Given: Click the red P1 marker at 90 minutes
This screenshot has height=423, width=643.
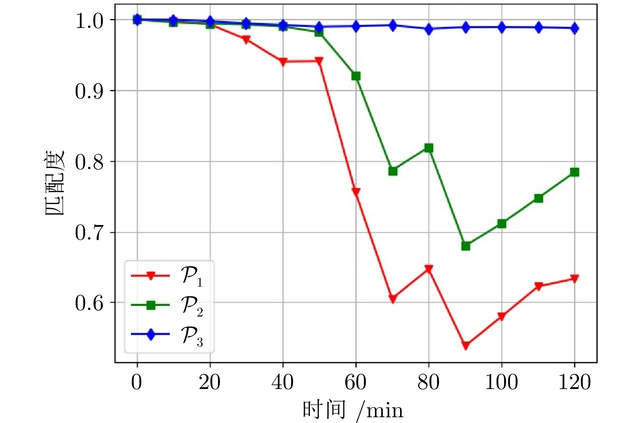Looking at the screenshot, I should coord(466,345).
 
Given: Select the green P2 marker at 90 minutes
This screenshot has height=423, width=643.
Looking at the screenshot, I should coord(466,246).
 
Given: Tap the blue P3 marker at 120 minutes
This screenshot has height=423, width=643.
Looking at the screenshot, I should coord(575,29).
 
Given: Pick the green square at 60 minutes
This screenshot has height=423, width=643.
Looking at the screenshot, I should coord(356,76).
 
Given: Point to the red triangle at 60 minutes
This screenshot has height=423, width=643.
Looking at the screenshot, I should coord(356,192).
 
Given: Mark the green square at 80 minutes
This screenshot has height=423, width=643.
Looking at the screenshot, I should coord(429,148).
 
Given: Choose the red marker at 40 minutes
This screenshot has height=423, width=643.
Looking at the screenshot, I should coord(283,62).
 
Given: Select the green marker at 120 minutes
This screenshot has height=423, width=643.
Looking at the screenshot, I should coord(575,172).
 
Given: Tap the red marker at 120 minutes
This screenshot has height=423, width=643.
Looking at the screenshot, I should coord(575,279).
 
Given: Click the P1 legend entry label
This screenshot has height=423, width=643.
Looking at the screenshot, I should coord(192,276).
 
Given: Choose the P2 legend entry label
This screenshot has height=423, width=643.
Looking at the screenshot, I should coord(192,306).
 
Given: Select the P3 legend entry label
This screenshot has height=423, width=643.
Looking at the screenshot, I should coord(192,336).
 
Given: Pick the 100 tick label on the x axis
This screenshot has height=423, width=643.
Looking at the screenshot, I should coord(501,383).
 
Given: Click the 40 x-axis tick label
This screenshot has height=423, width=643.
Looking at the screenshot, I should coord(283,383).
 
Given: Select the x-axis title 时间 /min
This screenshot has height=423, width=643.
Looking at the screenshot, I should coord(353,410).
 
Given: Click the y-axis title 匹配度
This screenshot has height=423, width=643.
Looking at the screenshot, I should coord(55,183).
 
